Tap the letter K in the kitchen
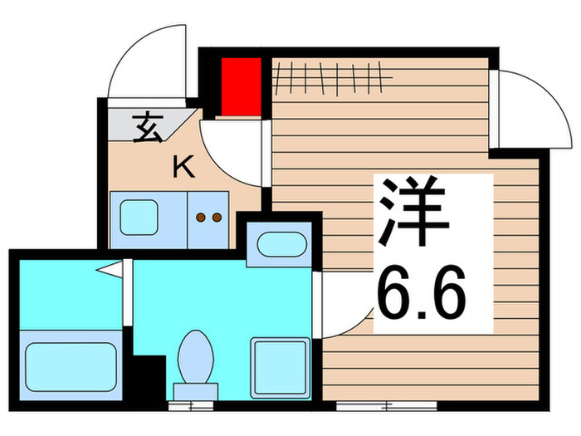pyautogui.click(x=183, y=168)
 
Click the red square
pyautogui.click(x=242, y=86)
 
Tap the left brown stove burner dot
pyautogui.click(x=201, y=218)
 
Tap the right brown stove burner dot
pyautogui.click(x=217, y=218)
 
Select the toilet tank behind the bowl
pyautogui.click(x=195, y=390)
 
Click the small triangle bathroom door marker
pyautogui.click(x=110, y=270)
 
